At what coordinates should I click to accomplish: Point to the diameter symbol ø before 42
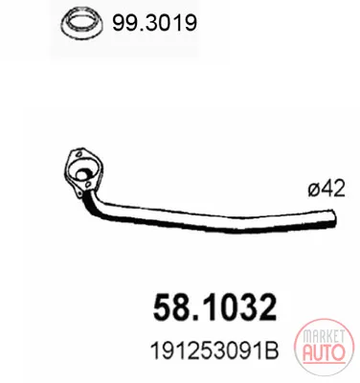pos(314,189)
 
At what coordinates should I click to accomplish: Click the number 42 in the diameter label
pos(333,189)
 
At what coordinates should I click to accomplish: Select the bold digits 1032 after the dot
pos(241,307)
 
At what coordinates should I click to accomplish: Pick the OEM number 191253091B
pos(214,350)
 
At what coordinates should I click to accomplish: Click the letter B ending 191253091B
pos(272,350)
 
